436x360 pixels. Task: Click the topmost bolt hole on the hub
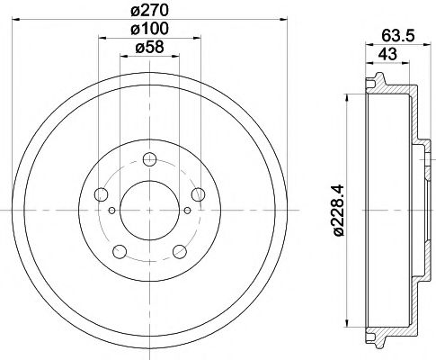(x=148, y=163)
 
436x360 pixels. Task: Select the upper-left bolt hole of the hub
(x=101, y=195)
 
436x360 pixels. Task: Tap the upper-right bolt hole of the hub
(x=197, y=195)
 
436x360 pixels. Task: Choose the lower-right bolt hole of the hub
(x=180, y=250)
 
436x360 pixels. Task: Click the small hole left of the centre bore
(x=112, y=211)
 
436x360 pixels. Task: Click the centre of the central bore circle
(x=148, y=211)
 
